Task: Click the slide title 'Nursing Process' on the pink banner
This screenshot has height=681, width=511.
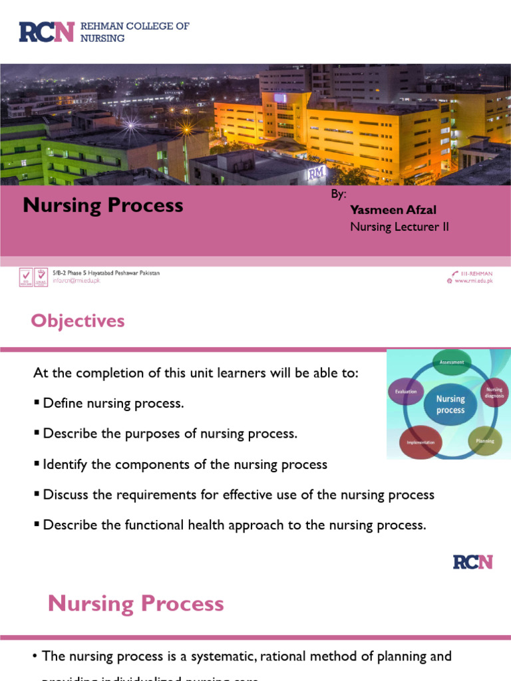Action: coord(103,205)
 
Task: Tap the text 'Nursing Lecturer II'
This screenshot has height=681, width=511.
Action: coord(399,227)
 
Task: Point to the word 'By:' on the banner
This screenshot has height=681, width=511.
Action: coord(339,194)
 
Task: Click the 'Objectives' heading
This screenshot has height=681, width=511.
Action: coord(78,321)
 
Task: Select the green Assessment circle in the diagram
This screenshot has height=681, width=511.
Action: coord(452,362)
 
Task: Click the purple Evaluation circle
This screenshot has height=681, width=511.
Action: coord(406,392)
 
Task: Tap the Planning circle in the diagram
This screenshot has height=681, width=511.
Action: coord(484,441)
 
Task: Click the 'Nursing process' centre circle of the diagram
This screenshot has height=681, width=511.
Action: coord(450,404)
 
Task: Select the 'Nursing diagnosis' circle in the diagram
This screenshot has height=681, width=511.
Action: coord(494,392)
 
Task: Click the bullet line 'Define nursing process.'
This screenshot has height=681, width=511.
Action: coord(112,404)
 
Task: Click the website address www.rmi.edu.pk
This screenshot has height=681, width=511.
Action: coord(473,281)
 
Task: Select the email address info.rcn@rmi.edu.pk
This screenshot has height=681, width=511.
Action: coord(77,281)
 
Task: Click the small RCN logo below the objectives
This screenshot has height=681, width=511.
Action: coord(472,562)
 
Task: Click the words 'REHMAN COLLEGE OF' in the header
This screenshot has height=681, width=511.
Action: coord(134,26)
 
